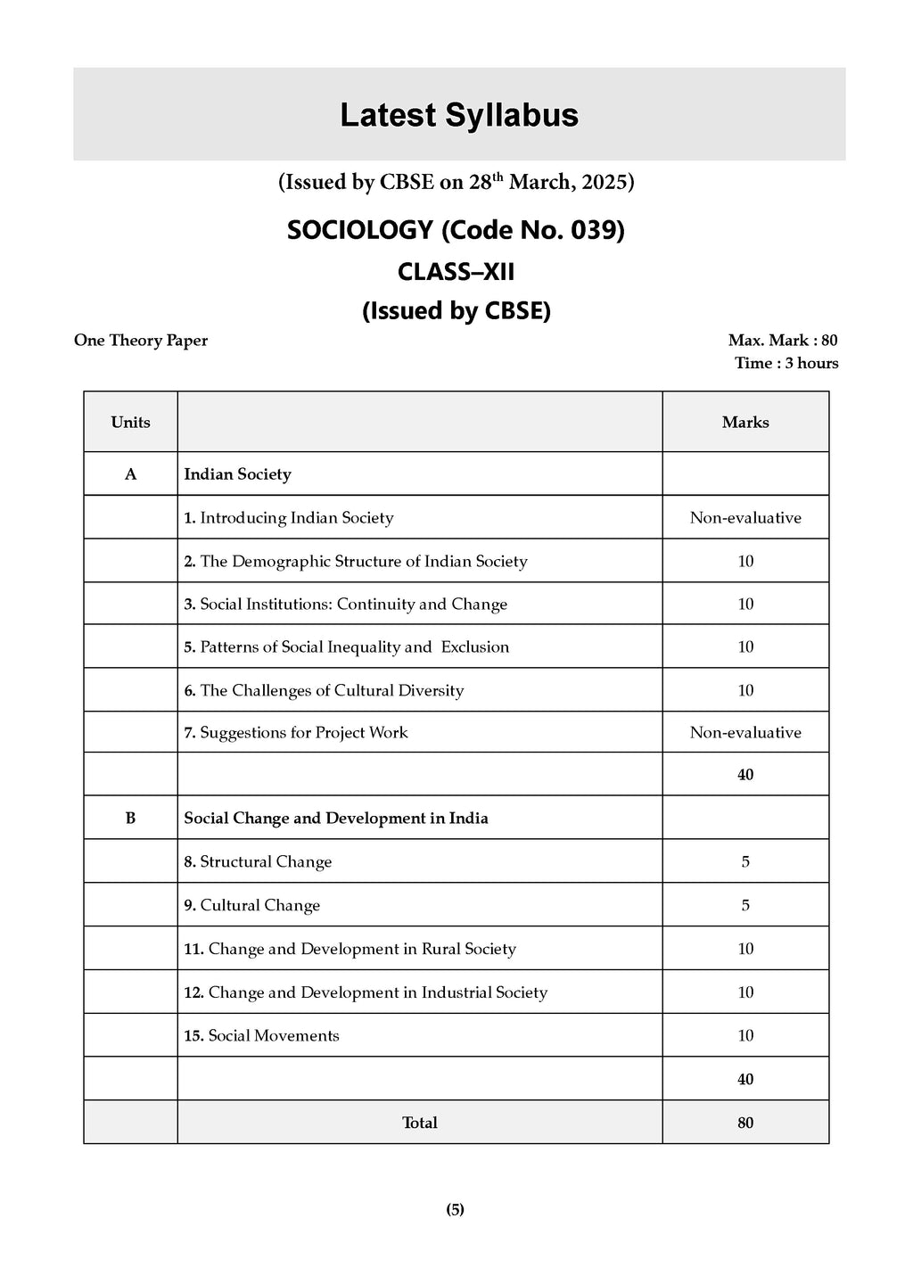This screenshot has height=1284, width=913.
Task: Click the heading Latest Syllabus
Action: (459, 116)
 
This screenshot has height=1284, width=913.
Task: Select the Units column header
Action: (130, 423)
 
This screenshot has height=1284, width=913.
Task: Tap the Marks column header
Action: (745, 423)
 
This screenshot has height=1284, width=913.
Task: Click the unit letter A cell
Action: (130, 474)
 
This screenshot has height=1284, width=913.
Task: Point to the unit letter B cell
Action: (130, 819)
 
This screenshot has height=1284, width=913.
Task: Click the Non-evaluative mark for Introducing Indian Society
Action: (745, 518)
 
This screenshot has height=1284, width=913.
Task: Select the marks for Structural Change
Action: (745, 862)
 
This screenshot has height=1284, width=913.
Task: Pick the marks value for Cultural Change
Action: (745, 906)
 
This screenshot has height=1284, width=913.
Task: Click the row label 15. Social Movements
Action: (261, 1036)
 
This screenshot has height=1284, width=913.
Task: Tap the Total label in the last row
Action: (419, 1123)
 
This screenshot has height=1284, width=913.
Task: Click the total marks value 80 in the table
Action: (745, 1123)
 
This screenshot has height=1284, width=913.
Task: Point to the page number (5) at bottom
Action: (455, 1210)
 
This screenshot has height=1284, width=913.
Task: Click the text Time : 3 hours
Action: (786, 363)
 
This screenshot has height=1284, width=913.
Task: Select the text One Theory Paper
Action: (141, 341)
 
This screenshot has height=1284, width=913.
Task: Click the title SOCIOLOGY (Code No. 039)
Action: (456, 230)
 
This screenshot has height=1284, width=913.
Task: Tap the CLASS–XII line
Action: (456, 271)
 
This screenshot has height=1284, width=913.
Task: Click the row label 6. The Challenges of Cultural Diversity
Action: (324, 691)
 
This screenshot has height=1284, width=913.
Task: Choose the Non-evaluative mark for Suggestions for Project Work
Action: (745, 733)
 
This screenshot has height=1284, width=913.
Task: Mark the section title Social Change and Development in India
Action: (336, 819)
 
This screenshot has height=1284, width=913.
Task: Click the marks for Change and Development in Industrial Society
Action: (745, 992)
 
